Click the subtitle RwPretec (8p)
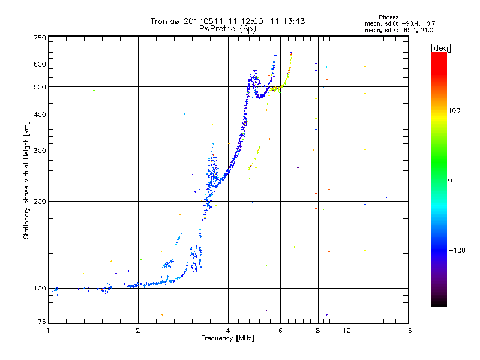(227, 29)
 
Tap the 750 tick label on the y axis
(40, 38)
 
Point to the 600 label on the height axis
(40, 64)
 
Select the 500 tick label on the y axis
(40, 87)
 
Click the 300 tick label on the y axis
(40, 151)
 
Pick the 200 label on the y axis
(40, 202)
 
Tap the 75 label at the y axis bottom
(42, 322)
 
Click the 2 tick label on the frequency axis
(138, 331)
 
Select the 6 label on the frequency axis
(280, 331)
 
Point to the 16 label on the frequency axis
(408, 331)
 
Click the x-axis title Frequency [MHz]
(227, 338)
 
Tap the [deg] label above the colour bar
(440, 48)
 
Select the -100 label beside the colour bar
(457, 250)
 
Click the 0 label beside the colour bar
(450, 181)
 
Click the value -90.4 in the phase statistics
(411, 24)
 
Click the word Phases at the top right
(388, 17)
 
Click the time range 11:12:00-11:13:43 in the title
(266, 21)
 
